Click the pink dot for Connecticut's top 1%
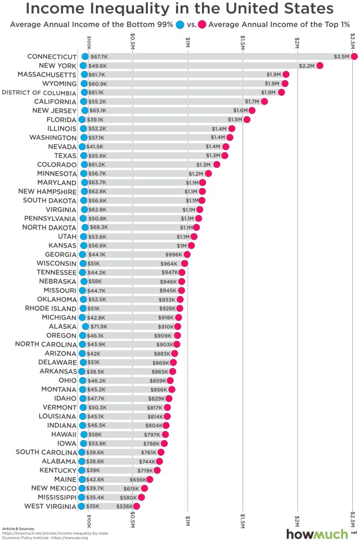pyautogui.click(x=354, y=56)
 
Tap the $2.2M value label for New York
pyautogui.click(x=307, y=65)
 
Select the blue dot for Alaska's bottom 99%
pyautogui.click(x=85, y=327)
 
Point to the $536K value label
pyautogui.click(x=125, y=506)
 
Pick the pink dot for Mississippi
pyautogui.click(x=141, y=497)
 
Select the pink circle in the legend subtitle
pyautogui.click(x=203, y=24)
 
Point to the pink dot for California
pyautogui.click(x=264, y=101)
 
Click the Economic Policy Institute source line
pyautogui.click(x=39, y=538)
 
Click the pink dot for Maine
pyautogui.click(x=150, y=479)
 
